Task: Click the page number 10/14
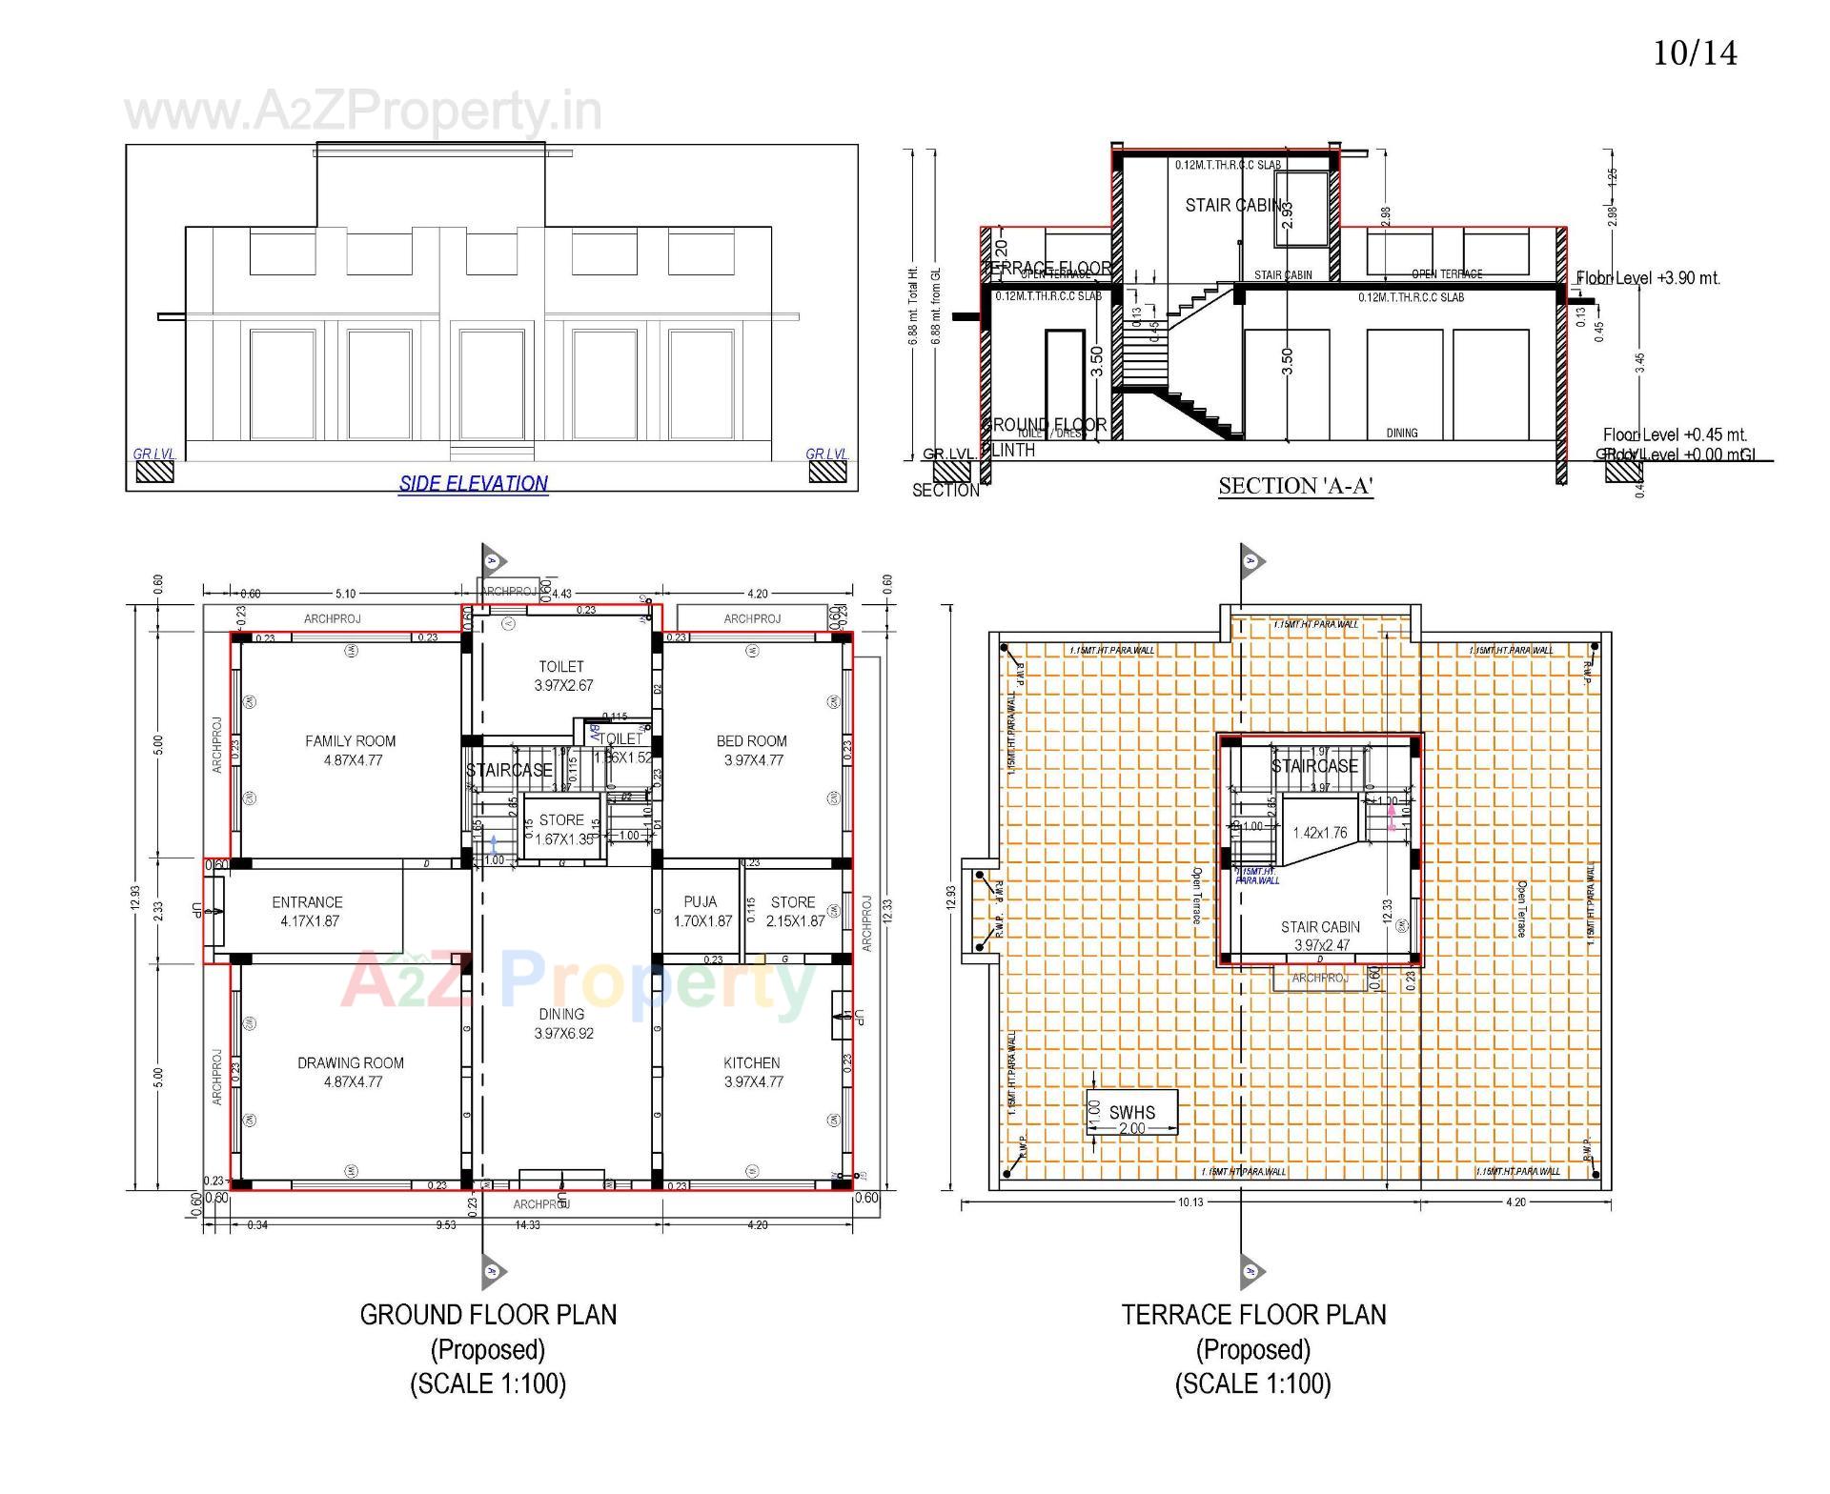tap(1695, 53)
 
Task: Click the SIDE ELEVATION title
tap(473, 483)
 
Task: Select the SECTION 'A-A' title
tap(1295, 486)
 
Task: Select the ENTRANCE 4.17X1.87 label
tap(307, 911)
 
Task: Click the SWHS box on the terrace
tap(1131, 1113)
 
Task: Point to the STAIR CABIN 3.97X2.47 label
tap(1320, 936)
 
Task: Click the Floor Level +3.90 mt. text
tap(1649, 278)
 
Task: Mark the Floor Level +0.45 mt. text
tap(1675, 434)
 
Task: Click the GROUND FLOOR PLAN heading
tap(488, 1315)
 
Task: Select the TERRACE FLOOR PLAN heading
tap(1253, 1315)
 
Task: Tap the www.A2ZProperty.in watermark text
tap(363, 111)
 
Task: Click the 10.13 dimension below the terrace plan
tap(1190, 1201)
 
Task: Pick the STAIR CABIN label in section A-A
tap(1233, 205)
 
